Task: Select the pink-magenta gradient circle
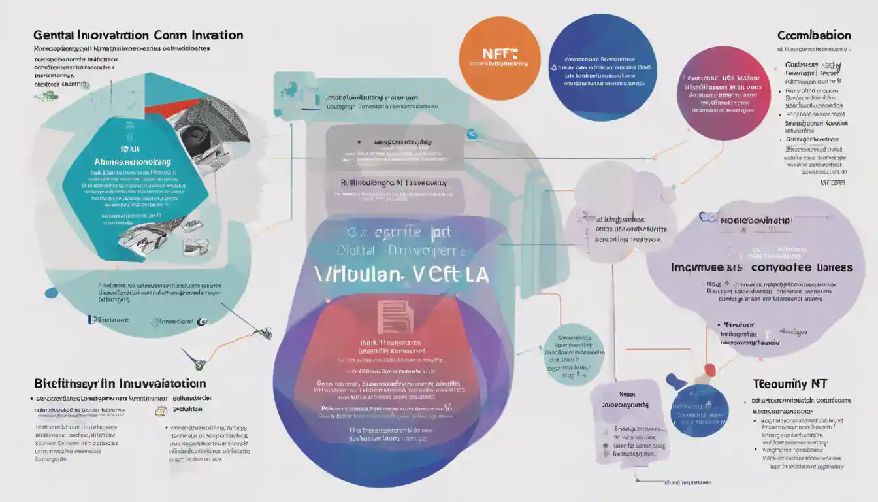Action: click(x=723, y=93)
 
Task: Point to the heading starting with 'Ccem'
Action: click(x=814, y=35)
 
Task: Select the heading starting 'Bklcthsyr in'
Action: click(x=120, y=384)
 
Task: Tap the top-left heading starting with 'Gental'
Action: click(x=138, y=35)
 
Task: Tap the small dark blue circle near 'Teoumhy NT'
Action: click(x=700, y=410)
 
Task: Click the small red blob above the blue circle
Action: click(x=709, y=371)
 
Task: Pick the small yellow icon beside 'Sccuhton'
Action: click(x=161, y=410)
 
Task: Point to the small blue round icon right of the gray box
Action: click(x=472, y=135)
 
